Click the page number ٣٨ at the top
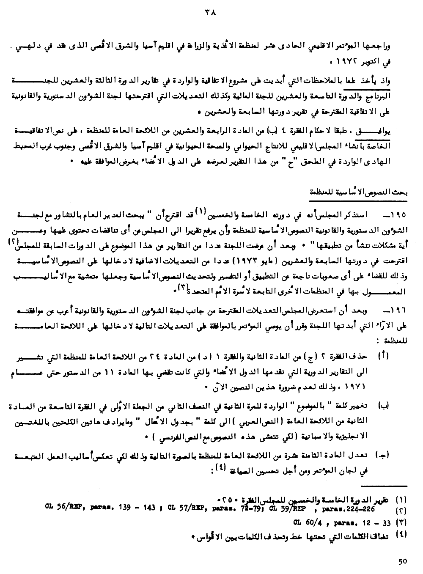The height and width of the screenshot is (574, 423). (210, 12)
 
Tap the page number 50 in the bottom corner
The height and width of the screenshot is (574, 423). (402, 561)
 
